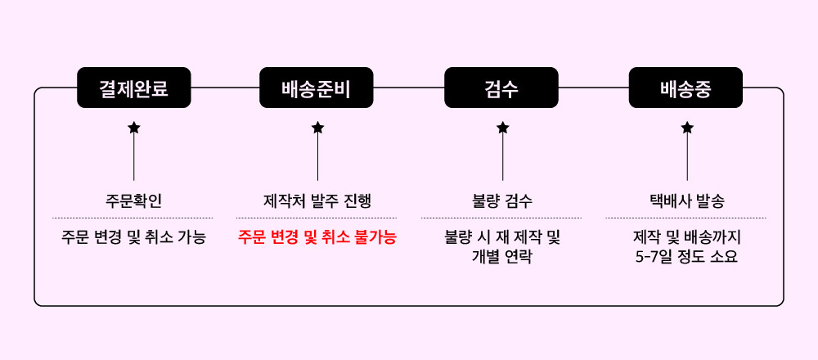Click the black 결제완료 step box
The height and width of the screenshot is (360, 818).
click(133, 88)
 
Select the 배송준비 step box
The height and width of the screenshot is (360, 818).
click(317, 88)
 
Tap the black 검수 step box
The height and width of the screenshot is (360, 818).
click(501, 88)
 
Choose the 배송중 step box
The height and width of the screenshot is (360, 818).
click(685, 88)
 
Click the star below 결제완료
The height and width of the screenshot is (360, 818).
click(133, 128)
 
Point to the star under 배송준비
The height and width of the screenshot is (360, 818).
click(317, 128)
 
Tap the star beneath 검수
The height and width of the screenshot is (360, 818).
click(502, 128)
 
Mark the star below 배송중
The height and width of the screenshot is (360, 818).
click(687, 128)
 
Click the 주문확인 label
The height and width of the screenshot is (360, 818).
click(133, 200)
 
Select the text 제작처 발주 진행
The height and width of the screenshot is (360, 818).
click(317, 200)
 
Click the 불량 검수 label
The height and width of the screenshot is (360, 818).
click(502, 200)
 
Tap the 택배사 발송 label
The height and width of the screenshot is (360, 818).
click(686, 200)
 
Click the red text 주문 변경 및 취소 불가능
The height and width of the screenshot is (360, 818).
click(317, 238)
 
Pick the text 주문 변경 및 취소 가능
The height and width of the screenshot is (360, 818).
click(133, 238)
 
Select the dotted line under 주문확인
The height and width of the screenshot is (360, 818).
click(133, 218)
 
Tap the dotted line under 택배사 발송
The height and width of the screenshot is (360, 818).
click(686, 218)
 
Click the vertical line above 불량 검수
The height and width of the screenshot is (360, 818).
click(502, 160)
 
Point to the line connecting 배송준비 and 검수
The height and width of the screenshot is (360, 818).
click(409, 88)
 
